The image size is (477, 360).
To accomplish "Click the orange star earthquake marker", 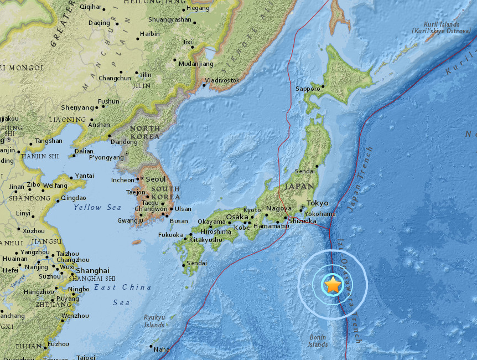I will click(x=333, y=285).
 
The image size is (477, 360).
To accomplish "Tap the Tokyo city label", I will click(x=317, y=203).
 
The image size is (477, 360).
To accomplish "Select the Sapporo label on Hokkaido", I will click(x=307, y=89).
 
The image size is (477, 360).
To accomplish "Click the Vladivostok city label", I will click(x=222, y=80).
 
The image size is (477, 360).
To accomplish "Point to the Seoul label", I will click(x=155, y=179).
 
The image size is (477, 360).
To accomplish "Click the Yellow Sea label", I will click(x=97, y=207).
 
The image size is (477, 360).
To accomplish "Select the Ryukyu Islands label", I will click(x=154, y=321).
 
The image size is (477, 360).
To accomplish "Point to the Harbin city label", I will click(x=149, y=34).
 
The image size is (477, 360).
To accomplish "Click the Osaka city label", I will click(x=237, y=217).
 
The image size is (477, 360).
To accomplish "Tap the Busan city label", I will click(x=178, y=221).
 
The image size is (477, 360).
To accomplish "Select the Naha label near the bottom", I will click(x=162, y=349).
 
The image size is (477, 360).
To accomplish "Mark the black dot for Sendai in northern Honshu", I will click(x=317, y=166).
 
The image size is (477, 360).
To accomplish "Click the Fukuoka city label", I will click(x=170, y=235).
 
